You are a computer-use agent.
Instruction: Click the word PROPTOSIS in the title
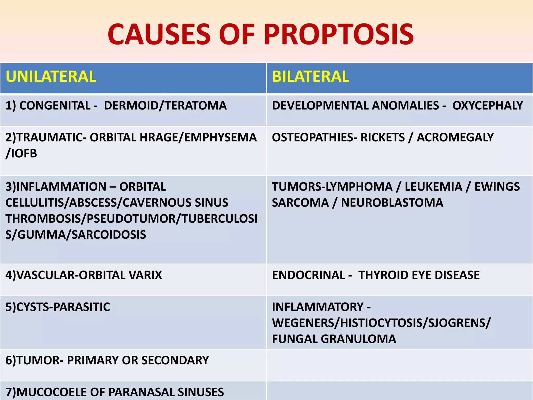[339, 34]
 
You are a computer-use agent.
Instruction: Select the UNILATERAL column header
[51, 77]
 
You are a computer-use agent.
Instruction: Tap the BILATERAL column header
[310, 77]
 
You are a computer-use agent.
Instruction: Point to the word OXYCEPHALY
[487, 105]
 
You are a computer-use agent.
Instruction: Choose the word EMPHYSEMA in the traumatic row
[220, 137]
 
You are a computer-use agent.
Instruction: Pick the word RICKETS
[383, 137]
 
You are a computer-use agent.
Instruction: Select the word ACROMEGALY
[455, 137]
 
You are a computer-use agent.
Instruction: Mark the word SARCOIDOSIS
[109, 235]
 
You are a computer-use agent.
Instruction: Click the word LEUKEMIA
[433, 187]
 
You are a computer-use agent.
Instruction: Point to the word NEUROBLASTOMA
[392, 203]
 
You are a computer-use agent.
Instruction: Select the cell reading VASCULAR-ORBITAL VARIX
[84, 275]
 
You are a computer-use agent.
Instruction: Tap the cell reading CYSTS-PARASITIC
[58, 307]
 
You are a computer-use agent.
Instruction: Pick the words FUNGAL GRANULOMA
[334, 339]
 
